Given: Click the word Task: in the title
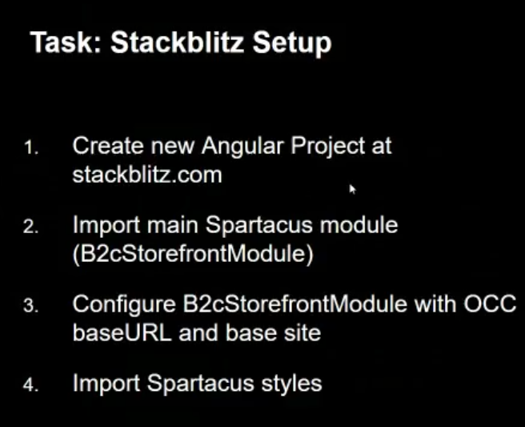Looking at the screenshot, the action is [x=66, y=42].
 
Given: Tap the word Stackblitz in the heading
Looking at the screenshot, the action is [x=177, y=42].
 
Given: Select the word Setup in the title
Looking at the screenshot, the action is [x=292, y=44].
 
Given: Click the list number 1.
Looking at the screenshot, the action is [x=30, y=147].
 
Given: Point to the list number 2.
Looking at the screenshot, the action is [x=30, y=227].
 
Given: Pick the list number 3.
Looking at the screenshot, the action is [x=30, y=306].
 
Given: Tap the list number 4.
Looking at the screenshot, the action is [x=30, y=385].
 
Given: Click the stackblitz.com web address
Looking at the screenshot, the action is [x=147, y=175].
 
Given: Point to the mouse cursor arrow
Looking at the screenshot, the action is [x=352, y=189].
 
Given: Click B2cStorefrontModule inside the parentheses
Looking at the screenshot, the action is [x=193, y=254].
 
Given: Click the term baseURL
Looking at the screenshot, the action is [x=122, y=332].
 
